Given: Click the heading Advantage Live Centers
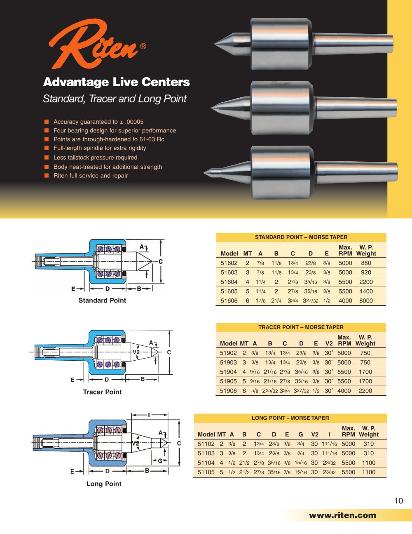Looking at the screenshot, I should [116, 82].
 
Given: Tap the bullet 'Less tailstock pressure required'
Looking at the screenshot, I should [95, 158].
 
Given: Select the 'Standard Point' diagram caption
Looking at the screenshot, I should [102, 300].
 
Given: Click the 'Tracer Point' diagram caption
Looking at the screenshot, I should [102, 392].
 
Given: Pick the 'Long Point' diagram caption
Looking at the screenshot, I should [104, 484].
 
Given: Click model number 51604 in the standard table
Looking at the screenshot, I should [229, 282].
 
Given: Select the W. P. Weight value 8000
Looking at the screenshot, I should [366, 301].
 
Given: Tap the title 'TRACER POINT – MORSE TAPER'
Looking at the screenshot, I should [301, 327].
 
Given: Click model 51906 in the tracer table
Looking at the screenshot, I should [228, 391].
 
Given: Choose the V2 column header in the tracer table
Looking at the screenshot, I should [329, 343].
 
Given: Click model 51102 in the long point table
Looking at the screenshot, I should [206, 444].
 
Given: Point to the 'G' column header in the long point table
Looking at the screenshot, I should [301, 435].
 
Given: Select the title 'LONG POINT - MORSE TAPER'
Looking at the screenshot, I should [290, 418].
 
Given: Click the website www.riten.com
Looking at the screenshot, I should [342, 515].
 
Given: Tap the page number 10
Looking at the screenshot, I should [398, 501].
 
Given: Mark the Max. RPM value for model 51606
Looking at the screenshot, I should [345, 301].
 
